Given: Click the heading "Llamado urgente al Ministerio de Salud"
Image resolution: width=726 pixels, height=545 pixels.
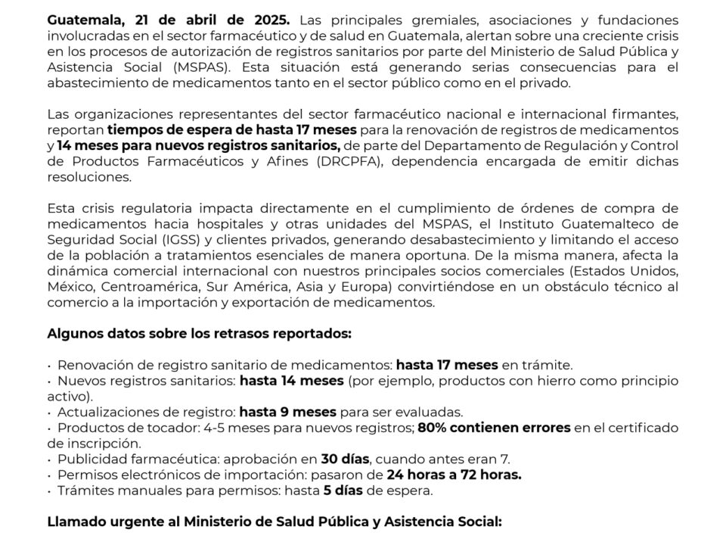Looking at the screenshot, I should tap(274, 522).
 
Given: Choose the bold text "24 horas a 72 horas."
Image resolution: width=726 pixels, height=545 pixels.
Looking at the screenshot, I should tap(454, 475).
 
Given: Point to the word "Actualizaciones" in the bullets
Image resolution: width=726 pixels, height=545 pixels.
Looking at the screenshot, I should tap(104, 412).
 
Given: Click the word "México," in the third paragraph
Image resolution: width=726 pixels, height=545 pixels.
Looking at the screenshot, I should tap(70, 287).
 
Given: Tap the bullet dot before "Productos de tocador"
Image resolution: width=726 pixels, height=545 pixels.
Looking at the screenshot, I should tap(49, 428).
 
